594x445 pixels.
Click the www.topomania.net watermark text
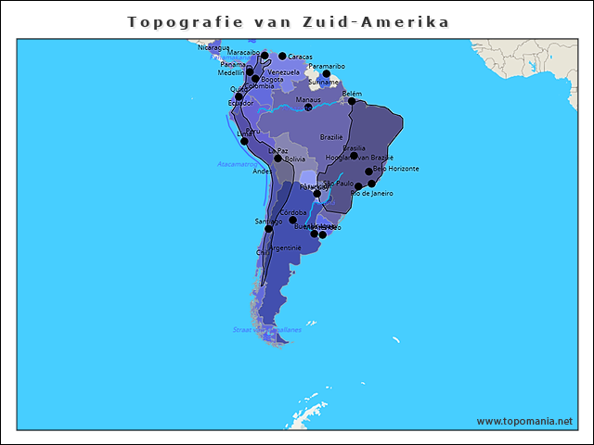pyautogui.click(x=524, y=421)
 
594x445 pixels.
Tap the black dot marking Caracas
pyautogui.click(x=282, y=57)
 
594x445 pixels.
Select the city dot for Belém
pyautogui.click(x=352, y=101)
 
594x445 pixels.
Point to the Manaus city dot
pyautogui.click(x=308, y=108)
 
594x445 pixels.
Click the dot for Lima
pyautogui.click(x=244, y=141)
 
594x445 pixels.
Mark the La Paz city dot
pyautogui.click(x=278, y=158)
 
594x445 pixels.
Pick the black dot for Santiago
pyautogui.click(x=268, y=228)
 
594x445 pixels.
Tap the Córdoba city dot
pyautogui.click(x=292, y=221)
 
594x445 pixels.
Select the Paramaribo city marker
pyautogui.click(x=326, y=74)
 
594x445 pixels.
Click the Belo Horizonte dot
pyautogui.click(x=368, y=172)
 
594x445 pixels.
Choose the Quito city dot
pyautogui.click(x=239, y=96)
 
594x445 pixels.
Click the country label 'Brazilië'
pyautogui.click(x=331, y=136)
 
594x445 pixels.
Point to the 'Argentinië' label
pyautogui.click(x=285, y=248)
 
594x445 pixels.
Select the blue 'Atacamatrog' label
pyautogui.click(x=237, y=164)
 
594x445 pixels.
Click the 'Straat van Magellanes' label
pyautogui.click(x=266, y=329)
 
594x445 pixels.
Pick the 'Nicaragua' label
pyautogui.click(x=213, y=47)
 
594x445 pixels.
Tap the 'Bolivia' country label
pyautogui.click(x=294, y=159)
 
